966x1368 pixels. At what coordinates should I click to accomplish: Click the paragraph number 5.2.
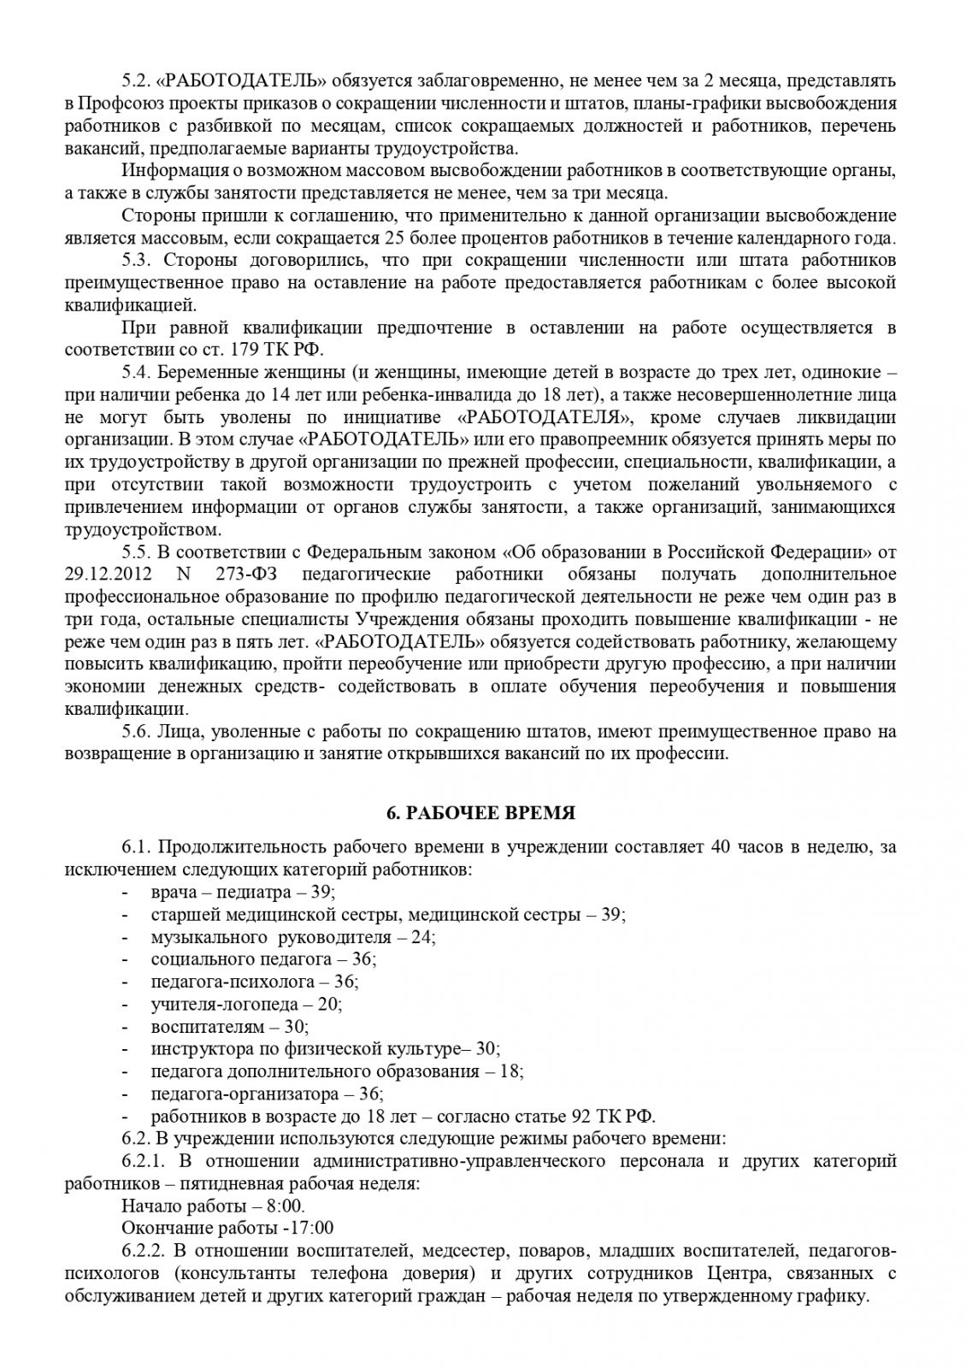(x=136, y=81)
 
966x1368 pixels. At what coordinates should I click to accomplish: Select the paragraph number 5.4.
(x=136, y=373)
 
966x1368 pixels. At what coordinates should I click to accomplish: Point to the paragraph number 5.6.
(x=136, y=731)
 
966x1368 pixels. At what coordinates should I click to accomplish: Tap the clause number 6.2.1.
(x=143, y=1160)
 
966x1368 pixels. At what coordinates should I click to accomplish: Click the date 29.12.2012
(x=100, y=574)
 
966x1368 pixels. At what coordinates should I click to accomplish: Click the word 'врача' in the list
(x=172, y=893)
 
